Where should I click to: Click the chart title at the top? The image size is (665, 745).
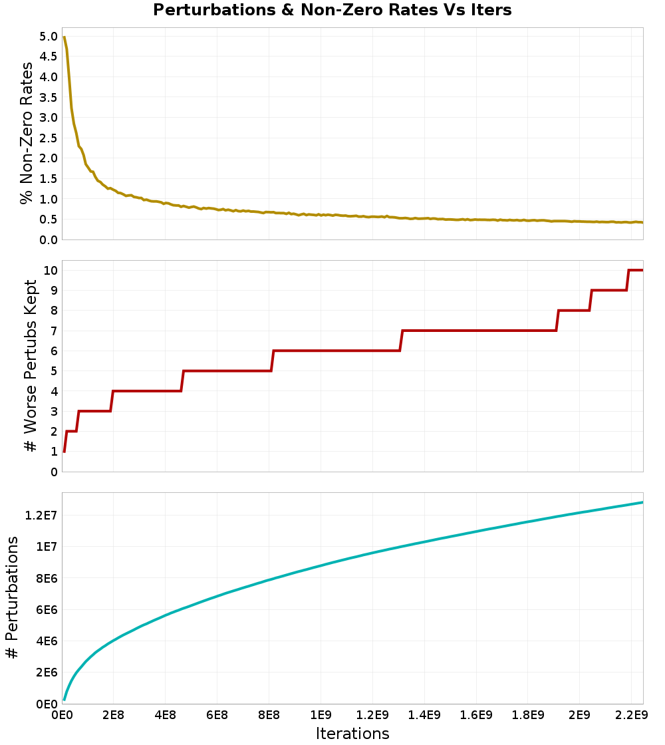pos(332,10)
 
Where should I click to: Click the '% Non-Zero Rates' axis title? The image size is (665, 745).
pos(27,133)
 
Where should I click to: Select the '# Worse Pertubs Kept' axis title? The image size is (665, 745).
pos(30,366)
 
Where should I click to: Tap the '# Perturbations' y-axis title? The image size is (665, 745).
pos(13,597)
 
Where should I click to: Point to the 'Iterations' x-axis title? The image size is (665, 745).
pos(352,734)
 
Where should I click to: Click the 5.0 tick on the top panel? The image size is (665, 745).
pos(48,36)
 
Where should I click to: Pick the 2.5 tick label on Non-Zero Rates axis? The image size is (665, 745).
pos(48,138)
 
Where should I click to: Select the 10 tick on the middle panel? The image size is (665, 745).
pos(51,270)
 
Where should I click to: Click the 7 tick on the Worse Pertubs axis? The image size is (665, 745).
pos(54,331)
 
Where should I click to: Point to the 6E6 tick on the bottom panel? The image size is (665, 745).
pos(47,609)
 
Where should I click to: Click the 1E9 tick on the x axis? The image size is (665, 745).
pos(321,716)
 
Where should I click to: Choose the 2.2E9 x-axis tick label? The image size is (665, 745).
pos(631,716)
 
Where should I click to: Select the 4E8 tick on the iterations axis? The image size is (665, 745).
pos(166,716)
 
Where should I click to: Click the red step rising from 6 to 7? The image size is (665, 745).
pos(402,341)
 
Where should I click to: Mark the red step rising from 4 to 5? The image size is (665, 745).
pos(182,381)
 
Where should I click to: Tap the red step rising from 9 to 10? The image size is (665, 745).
pos(628,280)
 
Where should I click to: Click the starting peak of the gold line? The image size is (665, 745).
pos(64,37)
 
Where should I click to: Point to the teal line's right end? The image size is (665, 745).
pos(642,502)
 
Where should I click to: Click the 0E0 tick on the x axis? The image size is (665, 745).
pos(63,716)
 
